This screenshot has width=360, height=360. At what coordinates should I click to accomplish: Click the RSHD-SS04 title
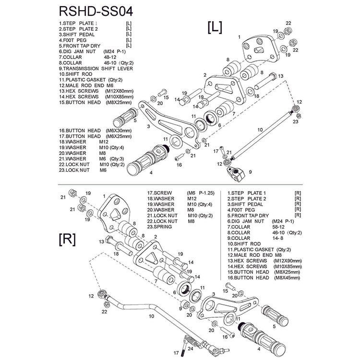point(96,11)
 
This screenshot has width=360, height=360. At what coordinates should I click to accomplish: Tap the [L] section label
point(215,27)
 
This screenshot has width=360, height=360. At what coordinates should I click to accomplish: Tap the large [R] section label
point(67,240)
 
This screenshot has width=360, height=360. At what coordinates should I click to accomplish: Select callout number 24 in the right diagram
point(190,348)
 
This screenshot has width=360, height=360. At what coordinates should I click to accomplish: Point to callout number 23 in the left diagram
point(296,121)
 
